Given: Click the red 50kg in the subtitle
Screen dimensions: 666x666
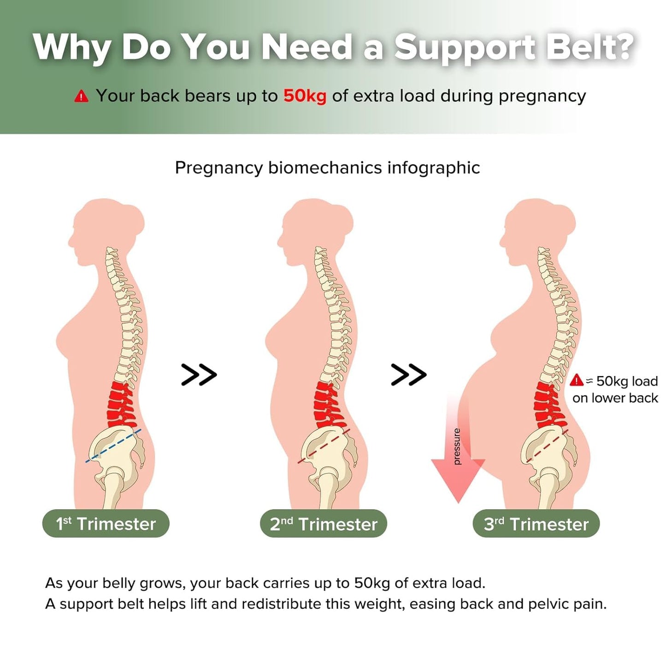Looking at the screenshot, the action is [305, 96].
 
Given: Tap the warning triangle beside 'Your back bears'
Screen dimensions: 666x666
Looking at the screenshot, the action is [81, 96].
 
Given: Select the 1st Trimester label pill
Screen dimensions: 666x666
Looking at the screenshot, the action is [106, 524].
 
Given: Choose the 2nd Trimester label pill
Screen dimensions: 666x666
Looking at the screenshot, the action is [323, 524].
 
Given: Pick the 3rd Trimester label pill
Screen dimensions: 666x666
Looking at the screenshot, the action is [536, 524].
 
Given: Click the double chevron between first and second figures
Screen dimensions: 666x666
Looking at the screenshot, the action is [199, 375].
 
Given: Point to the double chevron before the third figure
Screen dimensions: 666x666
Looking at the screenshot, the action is [408, 375].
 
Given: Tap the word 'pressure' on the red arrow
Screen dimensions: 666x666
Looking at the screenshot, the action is [457, 446].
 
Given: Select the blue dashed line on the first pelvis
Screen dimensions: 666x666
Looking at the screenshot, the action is [113, 446].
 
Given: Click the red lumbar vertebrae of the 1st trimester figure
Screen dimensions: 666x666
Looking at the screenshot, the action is [121, 405].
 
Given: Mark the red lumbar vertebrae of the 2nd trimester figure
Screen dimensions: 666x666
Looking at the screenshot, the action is [330, 405].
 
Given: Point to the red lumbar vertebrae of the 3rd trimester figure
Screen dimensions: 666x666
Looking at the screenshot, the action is [549, 405].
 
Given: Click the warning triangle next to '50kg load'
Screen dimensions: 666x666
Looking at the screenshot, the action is [577, 380].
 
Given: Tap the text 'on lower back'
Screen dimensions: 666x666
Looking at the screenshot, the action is [615, 398].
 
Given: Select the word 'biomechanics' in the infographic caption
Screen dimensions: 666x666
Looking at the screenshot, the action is [325, 168].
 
